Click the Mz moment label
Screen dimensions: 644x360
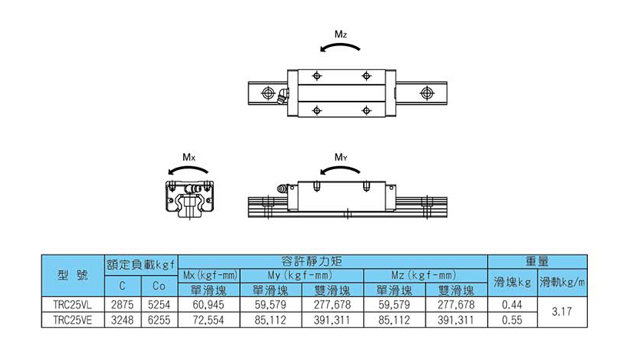[x=341, y=34]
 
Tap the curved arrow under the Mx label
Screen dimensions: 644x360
[x=188, y=168]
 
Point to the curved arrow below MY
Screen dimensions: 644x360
[x=340, y=168]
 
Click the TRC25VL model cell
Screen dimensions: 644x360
[x=72, y=305]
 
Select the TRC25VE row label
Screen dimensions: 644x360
[x=72, y=320]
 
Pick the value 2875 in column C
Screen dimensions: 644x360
[x=122, y=305]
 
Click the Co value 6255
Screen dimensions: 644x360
[x=159, y=320]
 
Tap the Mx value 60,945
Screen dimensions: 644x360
[x=209, y=305]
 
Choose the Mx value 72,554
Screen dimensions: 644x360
[x=209, y=320]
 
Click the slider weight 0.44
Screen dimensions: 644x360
[x=512, y=305]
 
